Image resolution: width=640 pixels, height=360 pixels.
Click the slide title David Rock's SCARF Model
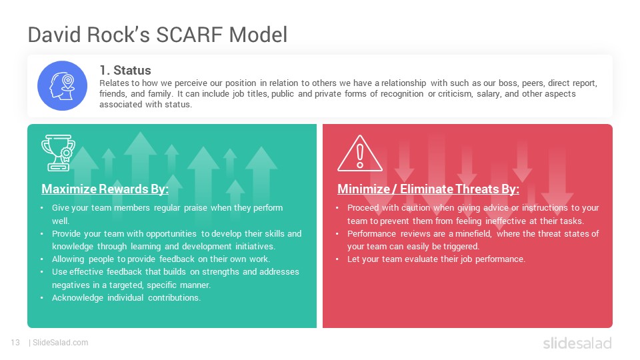click(157, 35)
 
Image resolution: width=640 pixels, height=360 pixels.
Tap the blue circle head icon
click(62, 86)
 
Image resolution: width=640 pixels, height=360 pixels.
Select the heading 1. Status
click(125, 70)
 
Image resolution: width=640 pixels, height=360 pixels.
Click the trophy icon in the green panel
click(58, 153)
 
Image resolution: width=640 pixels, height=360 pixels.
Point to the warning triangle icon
click(359, 153)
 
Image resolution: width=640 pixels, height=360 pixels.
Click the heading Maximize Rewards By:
click(105, 189)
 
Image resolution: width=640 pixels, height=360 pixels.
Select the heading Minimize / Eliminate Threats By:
click(428, 189)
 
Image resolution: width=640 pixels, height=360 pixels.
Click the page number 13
click(15, 343)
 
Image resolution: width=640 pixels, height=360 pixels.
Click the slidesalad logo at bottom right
click(577, 343)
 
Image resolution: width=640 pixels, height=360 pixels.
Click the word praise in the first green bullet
click(195, 208)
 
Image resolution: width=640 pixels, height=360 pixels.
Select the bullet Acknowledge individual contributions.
click(126, 297)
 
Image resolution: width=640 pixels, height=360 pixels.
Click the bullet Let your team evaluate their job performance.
click(436, 259)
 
